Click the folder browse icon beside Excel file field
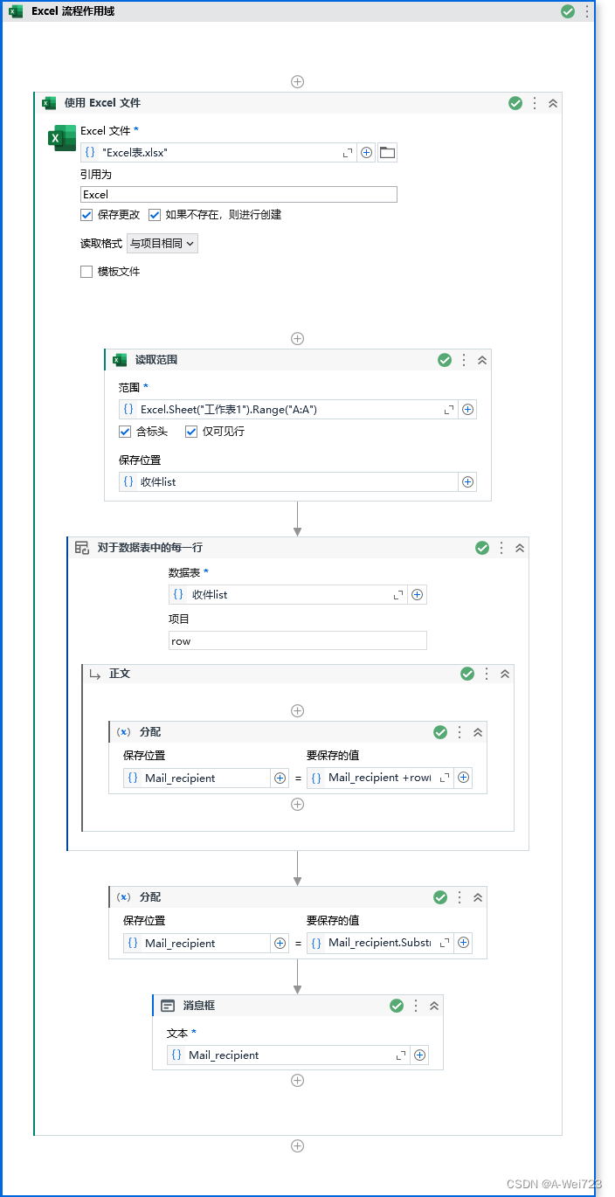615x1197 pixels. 387,153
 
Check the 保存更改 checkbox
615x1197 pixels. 86,215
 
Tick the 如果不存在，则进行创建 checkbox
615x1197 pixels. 155,215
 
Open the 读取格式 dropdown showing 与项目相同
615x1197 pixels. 162,244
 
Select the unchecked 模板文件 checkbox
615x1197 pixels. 86,272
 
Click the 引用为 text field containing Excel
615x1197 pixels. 238,194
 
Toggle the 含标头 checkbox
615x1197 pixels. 125,432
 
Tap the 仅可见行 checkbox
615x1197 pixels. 191,432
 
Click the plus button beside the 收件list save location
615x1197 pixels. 468,481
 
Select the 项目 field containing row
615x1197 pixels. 297,640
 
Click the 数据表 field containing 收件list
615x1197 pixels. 288,594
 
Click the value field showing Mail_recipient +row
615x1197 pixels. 379,778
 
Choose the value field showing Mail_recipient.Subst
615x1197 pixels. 379,943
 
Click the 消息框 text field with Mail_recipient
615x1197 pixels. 288,1055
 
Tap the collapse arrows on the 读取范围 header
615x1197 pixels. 482,360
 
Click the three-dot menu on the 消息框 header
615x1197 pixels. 416,1006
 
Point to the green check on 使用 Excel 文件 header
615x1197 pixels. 515,103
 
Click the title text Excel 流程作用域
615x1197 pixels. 73,11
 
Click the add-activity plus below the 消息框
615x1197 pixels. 297,1081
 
